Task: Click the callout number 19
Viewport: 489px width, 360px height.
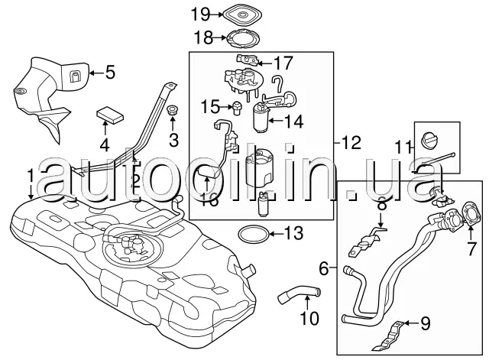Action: (200, 13)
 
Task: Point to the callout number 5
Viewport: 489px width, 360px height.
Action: (109, 73)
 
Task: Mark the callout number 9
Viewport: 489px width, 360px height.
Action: (426, 324)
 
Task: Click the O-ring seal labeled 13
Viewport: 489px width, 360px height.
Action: (249, 233)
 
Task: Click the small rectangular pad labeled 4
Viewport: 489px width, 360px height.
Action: (112, 115)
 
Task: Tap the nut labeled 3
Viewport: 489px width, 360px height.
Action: (172, 111)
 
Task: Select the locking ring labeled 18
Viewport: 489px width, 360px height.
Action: (241, 36)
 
